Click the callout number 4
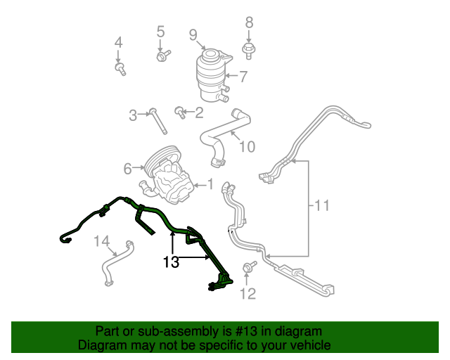[x=119, y=43]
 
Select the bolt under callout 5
[x=163, y=56]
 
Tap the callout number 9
[x=193, y=35]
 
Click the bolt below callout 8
[x=248, y=51]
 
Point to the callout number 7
[x=243, y=77]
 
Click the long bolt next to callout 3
[x=157, y=121]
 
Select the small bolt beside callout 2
[x=180, y=112]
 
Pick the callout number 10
[x=247, y=147]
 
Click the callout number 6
[x=128, y=169]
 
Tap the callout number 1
[x=211, y=184]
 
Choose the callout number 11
[x=322, y=205]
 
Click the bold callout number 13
[x=171, y=262]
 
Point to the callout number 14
[x=102, y=241]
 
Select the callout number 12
[x=247, y=294]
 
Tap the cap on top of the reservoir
[x=210, y=56]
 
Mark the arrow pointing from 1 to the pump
[x=200, y=185]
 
